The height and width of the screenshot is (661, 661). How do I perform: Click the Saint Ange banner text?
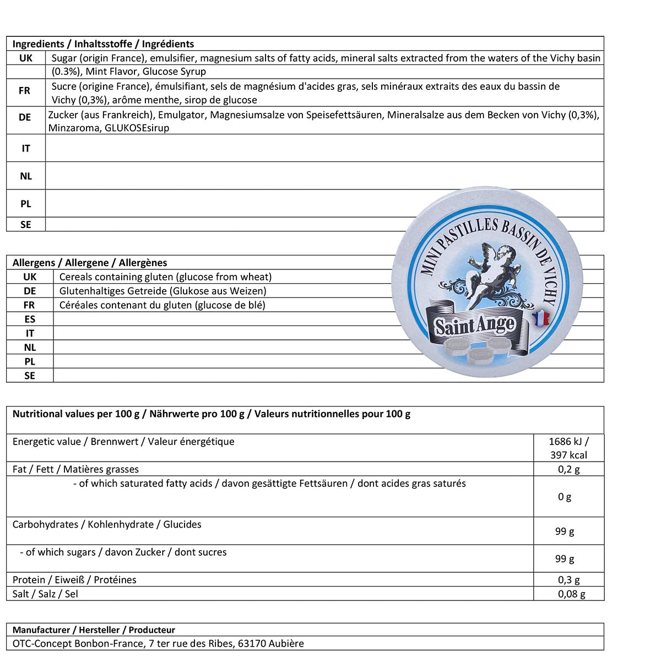point(475,326)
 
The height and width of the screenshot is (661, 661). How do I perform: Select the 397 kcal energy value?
point(568,455)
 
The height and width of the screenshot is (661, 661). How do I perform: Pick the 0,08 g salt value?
point(571,594)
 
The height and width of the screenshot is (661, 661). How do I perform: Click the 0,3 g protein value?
point(568,579)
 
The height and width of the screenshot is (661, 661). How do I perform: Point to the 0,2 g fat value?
point(568,469)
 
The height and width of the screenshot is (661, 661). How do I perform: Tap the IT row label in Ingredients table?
point(26,148)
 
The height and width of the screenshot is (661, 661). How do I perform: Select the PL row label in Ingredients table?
point(26,203)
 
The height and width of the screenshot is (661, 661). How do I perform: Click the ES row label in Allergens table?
point(30,319)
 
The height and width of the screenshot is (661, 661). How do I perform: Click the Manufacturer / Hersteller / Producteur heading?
point(94,630)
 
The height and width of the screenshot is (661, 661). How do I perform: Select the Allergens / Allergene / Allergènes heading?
point(90,263)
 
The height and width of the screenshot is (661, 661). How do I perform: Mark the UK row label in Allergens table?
point(30,277)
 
